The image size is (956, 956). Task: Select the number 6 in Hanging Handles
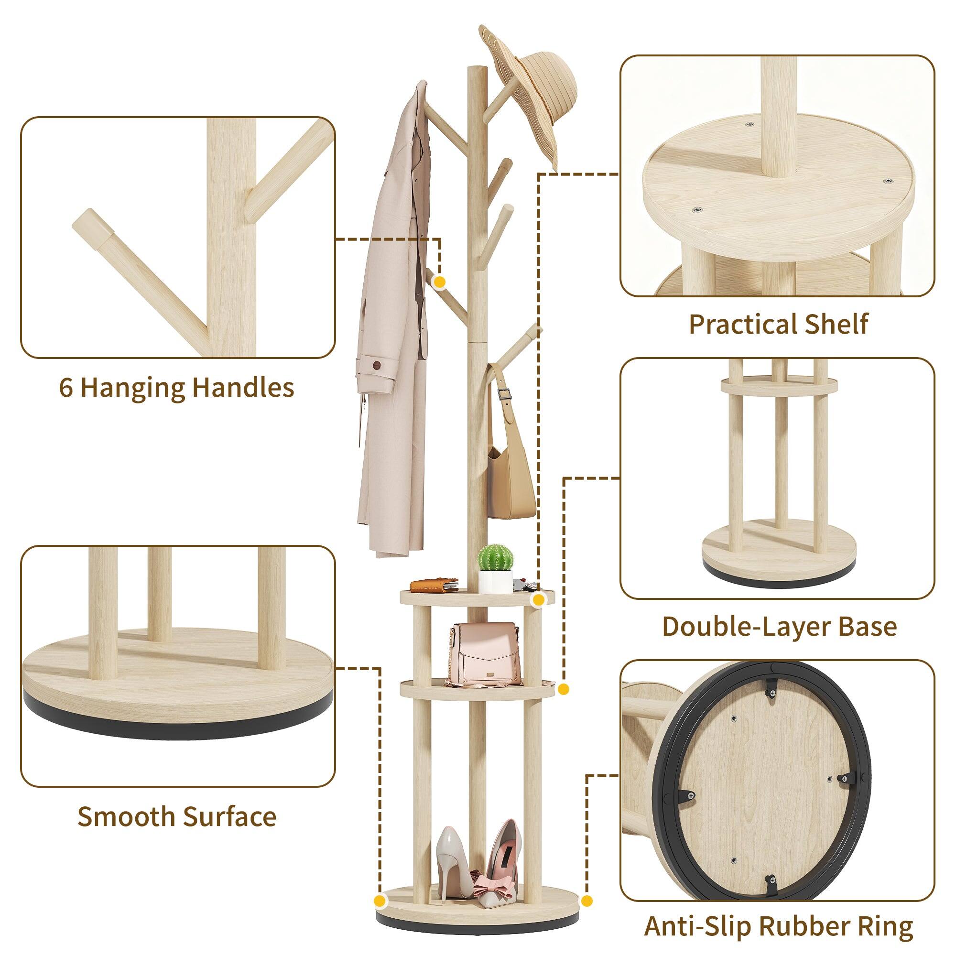point(66,388)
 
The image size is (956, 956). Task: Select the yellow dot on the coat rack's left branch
point(439,282)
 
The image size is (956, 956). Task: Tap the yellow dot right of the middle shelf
point(563,688)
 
